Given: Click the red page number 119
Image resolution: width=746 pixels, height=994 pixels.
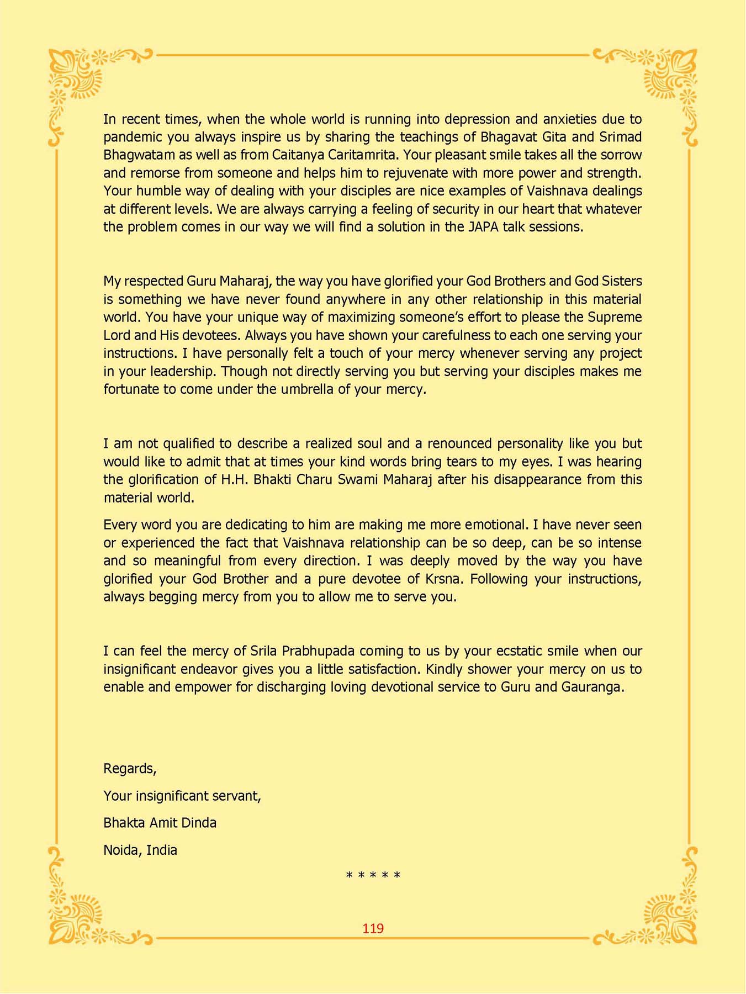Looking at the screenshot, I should (373, 928).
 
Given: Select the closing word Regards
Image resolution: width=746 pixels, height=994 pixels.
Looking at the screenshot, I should (129, 769).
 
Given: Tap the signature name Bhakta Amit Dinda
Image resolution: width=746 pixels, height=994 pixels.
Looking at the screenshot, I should (160, 823).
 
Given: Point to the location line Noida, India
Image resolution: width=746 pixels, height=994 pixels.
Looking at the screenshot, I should (140, 850).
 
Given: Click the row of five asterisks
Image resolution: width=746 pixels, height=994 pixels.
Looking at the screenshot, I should (373, 876).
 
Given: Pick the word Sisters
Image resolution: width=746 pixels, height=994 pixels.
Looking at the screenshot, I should (622, 281).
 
